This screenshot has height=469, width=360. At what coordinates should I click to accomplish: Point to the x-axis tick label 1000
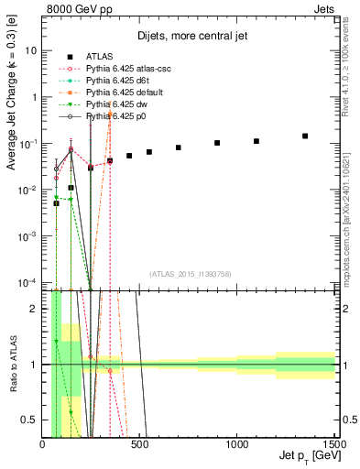(x=237, y=445)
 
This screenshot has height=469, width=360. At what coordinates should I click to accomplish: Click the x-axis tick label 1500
(x=333, y=445)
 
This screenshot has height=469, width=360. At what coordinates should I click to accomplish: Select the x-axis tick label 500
(x=140, y=445)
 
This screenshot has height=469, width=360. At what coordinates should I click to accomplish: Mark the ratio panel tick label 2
(x=35, y=309)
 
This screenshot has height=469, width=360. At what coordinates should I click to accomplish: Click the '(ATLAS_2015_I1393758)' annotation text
(x=190, y=272)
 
